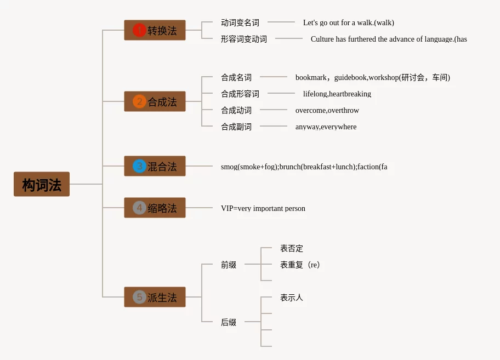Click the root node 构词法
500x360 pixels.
(x=42, y=185)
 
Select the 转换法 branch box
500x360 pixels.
(x=155, y=30)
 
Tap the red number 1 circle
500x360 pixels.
(x=139, y=30)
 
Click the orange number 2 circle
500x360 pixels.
(x=139, y=101)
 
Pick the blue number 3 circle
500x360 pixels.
(x=139, y=166)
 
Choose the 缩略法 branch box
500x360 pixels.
(x=155, y=208)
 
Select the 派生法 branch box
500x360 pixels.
(x=155, y=297)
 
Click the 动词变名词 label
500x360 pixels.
(x=240, y=22)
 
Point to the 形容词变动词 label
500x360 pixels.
(x=243, y=39)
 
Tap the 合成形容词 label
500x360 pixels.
(x=240, y=94)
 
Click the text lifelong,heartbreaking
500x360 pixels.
(x=337, y=94)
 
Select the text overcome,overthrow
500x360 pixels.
(x=327, y=110)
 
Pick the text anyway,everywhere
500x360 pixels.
(x=326, y=127)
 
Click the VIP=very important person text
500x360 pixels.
(x=263, y=208)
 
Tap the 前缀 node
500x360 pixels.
(x=228, y=265)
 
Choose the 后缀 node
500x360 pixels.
(x=228, y=322)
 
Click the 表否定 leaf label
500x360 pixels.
(x=291, y=248)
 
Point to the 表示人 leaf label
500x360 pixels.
(x=291, y=298)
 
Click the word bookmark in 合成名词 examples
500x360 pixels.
(x=310, y=77)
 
